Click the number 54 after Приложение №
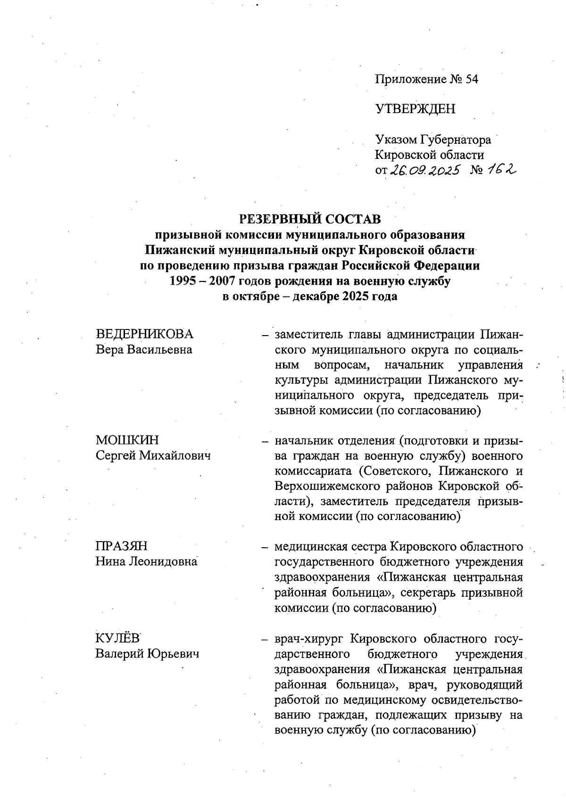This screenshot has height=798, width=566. click(471, 79)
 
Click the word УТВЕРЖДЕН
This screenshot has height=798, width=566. click(415, 109)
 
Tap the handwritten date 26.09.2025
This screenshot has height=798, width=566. click(424, 170)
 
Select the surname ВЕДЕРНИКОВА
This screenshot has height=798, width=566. click(145, 334)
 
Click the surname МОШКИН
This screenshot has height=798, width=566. click(127, 440)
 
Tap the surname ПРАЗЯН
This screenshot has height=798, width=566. click(122, 546)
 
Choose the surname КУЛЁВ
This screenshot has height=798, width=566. click(118, 639)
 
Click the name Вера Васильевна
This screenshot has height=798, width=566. click(144, 350)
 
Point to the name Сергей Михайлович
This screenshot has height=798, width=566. click(153, 455)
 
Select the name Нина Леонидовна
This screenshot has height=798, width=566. click(146, 561)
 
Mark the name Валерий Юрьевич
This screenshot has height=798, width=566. click(147, 654)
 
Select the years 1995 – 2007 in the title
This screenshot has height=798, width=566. click(203, 281)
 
